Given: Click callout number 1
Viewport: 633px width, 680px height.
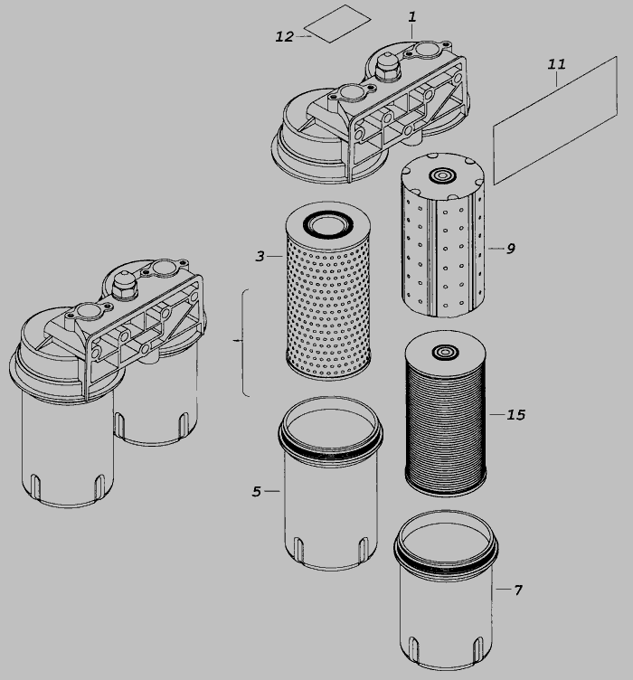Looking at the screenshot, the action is [x=411, y=17].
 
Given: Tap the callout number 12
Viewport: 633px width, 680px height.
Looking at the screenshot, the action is [x=285, y=37].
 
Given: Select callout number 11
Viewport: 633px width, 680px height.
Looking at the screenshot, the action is [x=556, y=64].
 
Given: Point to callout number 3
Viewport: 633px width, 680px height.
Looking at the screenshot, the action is [x=260, y=256].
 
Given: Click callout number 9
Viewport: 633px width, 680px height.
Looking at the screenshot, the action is [x=511, y=249].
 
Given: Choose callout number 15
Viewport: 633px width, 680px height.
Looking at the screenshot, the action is [x=516, y=415].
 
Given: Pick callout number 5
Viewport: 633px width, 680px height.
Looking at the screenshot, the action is [x=257, y=492].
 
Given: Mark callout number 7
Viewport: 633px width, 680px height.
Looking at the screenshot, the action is [x=518, y=590].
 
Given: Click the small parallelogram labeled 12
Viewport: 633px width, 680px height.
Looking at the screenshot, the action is [x=337, y=24].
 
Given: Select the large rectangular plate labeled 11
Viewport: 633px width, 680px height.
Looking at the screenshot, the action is [x=555, y=120].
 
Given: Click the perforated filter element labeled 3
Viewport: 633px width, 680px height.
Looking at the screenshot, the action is [x=328, y=291].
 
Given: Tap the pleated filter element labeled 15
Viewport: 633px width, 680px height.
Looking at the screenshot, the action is [x=446, y=413].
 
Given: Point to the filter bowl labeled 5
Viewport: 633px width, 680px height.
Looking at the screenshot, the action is [x=330, y=483].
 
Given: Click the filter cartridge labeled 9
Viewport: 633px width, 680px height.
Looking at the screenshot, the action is [x=443, y=234].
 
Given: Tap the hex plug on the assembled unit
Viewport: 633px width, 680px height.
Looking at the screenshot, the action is [x=125, y=286].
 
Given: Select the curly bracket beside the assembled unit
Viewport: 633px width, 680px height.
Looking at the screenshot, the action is [x=242, y=342].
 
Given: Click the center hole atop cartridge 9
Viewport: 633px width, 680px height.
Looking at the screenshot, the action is [x=443, y=176].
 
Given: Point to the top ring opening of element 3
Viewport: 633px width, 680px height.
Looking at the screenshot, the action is [x=328, y=223].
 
